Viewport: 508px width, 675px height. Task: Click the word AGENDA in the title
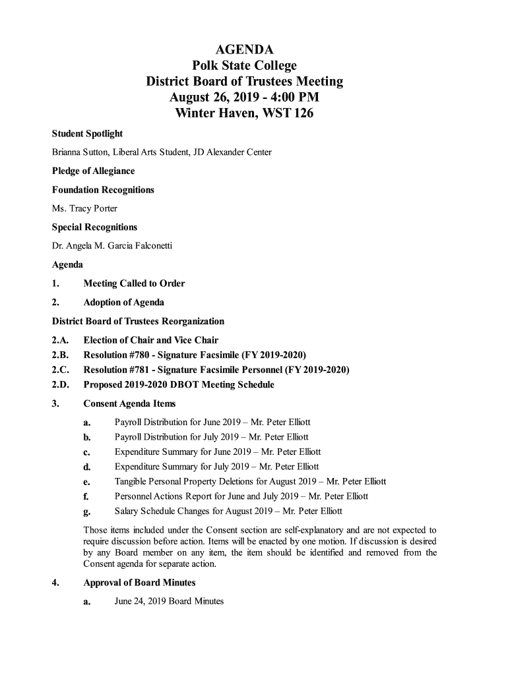pyautogui.click(x=244, y=49)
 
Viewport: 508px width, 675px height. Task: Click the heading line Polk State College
pyautogui.click(x=244, y=65)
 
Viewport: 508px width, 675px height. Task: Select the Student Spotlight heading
pyautogui.click(x=87, y=134)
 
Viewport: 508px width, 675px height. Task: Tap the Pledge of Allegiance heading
pyautogui.click(x=93, y=171)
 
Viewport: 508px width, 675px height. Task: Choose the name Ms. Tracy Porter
pyautogui.click(x=84, y=209)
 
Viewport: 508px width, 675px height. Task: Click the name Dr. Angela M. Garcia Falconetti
pyautogui.click(x=111, y=247)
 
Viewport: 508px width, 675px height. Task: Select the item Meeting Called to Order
pyautogui.click(x=134, y=284)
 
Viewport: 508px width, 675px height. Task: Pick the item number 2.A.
pyautogui.click(x=61, y=341)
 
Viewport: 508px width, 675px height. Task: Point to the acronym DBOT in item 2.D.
pyautogui.click(x=185, y=385)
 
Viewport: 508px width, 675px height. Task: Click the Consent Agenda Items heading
pyautogui.click(x=129, y=404)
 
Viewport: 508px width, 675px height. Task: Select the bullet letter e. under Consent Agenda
pyautogui.click(x=86, y=483)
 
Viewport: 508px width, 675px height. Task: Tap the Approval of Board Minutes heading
pyautogui.click(x=139, y=583)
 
